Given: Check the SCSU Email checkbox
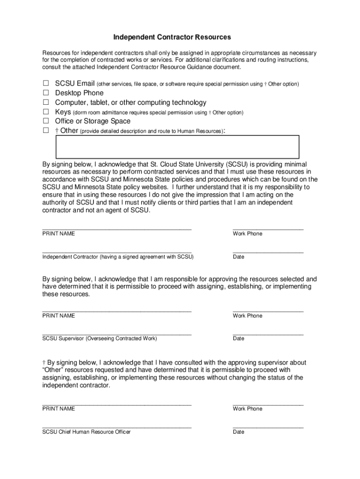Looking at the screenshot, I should point(46,84).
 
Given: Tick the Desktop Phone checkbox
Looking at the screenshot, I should point(46,93).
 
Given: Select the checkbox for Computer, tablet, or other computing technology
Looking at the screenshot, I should point(46,102).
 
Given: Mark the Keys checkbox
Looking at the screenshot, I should point(46,112).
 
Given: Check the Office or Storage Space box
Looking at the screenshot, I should point(46,121).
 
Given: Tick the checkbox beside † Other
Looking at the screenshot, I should point(46,131).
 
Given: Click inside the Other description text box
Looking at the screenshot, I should point(177,146).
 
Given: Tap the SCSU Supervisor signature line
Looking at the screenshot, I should point(117,333).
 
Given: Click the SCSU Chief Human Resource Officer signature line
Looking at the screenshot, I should point(117,427).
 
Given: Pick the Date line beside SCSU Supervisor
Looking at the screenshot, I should point(268,333).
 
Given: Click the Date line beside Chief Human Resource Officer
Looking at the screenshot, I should point(268,427).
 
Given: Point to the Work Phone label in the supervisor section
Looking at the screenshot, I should point(247,316).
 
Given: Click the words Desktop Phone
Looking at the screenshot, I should point(79,93).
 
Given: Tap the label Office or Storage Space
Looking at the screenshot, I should point(93,121).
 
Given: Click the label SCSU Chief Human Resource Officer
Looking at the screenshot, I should point(86,432).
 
